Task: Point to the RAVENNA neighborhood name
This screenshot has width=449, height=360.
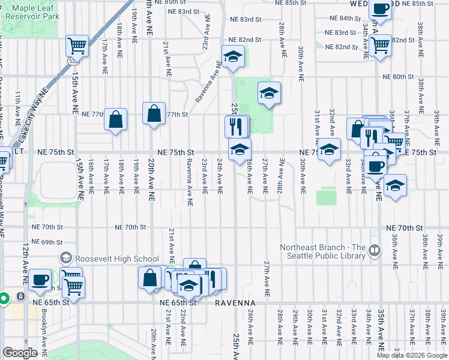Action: (236, 304)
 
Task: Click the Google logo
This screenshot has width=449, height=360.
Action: (20, 353)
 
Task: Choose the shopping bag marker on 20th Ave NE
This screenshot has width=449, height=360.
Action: (154, 113)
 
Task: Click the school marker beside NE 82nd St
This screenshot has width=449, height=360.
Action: (232, 57)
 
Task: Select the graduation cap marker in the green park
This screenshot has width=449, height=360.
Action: (269, 92)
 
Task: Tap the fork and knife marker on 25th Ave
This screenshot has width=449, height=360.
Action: (236, 125)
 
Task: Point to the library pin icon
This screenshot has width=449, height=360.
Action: (375, 250)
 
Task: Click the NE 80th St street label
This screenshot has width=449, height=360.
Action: (399, 77)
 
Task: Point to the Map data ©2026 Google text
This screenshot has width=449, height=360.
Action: (412, 355)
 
